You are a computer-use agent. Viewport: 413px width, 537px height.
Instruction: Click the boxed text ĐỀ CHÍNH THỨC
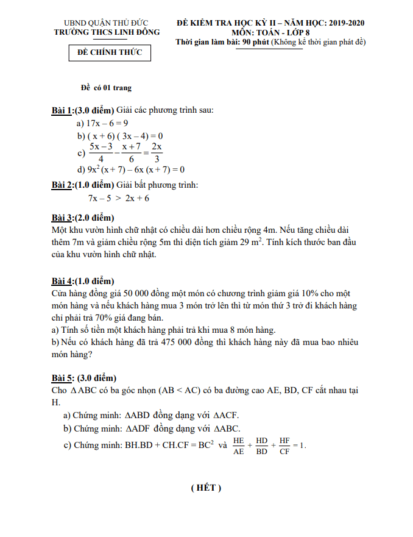point(110,52)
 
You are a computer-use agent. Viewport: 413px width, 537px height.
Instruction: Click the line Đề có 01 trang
point(107,88)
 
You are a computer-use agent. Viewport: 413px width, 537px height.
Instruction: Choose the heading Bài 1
point(62,110)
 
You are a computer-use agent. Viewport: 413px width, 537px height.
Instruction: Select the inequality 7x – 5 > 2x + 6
point(119,198)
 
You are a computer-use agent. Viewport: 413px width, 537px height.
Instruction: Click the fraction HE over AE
point(239,446)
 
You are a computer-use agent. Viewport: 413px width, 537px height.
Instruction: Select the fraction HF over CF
point(284,446)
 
